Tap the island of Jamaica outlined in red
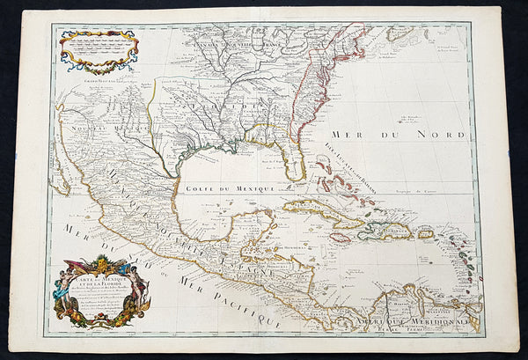click(348, 236)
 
